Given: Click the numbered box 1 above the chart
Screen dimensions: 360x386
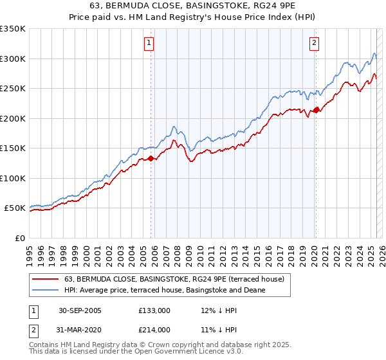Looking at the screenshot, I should click(x=149, y=43).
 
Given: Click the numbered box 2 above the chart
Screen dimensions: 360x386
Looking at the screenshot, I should click(x=314, y=43).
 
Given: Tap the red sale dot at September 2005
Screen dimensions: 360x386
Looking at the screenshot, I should click(x=151, y=158).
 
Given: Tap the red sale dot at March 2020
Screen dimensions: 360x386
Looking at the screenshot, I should click(x=315, y=111).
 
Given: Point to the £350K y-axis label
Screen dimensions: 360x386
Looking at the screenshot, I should click(x=13, y=29).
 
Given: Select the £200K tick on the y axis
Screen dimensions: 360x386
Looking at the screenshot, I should click(x=13, y=118).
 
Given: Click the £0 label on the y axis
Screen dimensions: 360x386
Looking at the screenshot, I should click(x=20, y=238).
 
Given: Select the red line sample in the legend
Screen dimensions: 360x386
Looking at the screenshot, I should click(x=46, y=279).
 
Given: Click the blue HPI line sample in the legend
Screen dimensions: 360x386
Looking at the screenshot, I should click(x=46, y=290).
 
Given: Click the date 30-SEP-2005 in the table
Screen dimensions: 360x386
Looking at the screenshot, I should click(x=80, y=310).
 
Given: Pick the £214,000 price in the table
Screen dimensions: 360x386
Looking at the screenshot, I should click(x=154, y=330).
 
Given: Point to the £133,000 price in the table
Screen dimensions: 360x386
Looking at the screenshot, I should click(x=154, y=310).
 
